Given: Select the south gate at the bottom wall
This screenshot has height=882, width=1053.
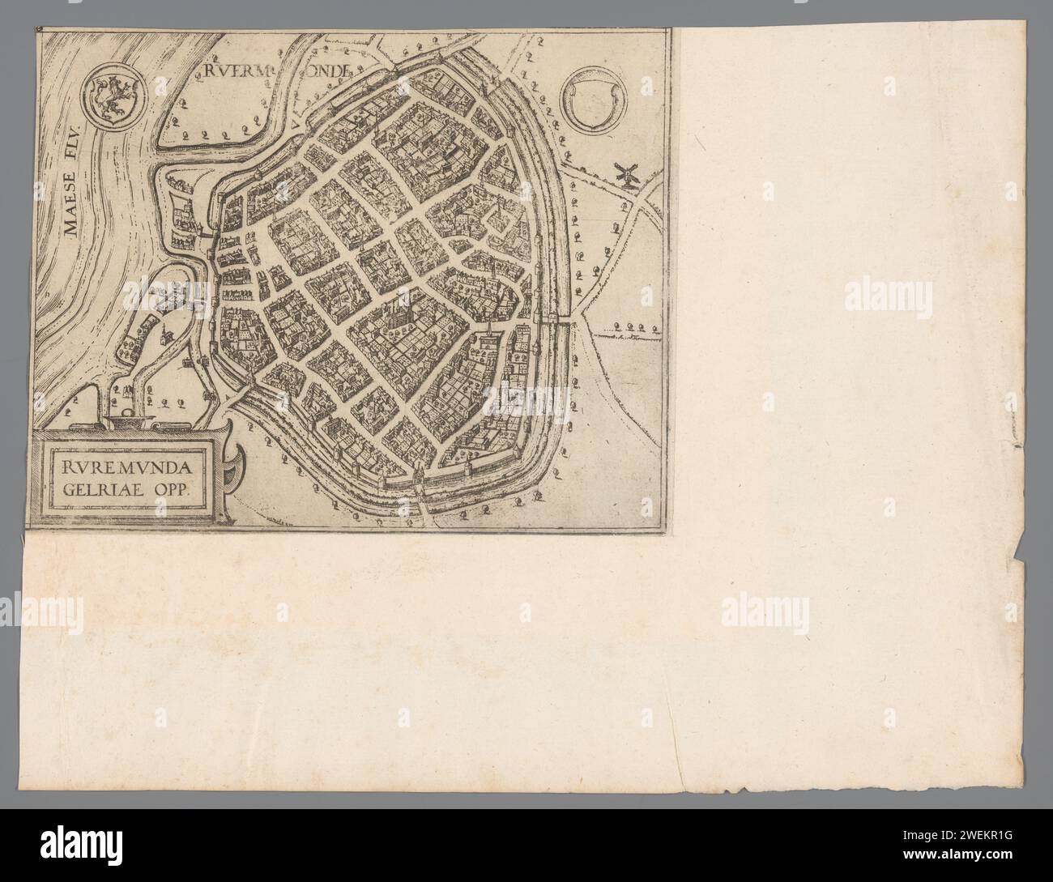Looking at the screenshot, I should click(418, 488).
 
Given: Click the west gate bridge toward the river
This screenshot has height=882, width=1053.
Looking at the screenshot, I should click(203, 235).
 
